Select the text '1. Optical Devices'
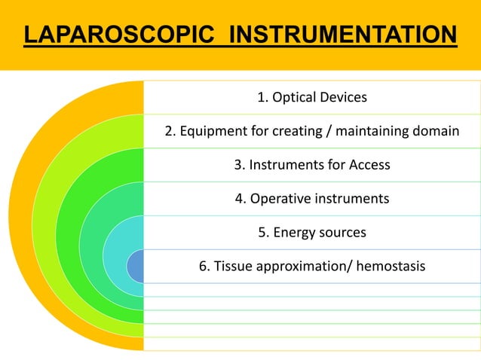click(312, 97)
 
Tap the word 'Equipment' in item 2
click(209, 132)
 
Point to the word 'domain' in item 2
click(435, 132)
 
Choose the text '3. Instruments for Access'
click(312, 165)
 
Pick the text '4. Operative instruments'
click(312, 199)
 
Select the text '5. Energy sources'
click(312, 232)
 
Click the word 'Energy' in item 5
click(295, 232)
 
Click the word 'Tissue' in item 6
click(233, 266)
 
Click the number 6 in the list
click(203, 266)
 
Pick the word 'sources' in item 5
click(343, 232)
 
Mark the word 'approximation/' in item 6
click(303, 266)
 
